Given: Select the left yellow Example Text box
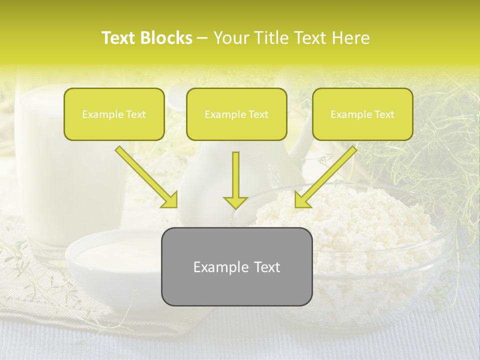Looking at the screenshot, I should [x=114, y=114].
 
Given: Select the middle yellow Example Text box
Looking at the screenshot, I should [x=236, y=114].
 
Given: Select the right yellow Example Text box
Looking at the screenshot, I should [x=362, y=114].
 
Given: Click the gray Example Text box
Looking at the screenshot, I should [x=236, y=266].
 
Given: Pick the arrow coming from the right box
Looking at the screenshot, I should [x=327, y=176].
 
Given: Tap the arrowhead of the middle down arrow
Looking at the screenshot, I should [x=235, y=202].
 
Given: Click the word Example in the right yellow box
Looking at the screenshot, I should [x=350, y=114].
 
